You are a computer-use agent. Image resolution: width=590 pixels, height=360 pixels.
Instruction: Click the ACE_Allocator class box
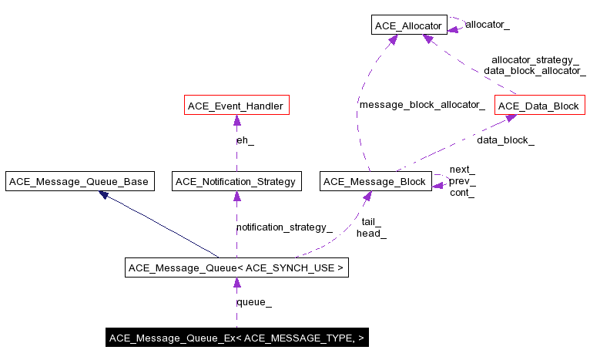coord(409,26)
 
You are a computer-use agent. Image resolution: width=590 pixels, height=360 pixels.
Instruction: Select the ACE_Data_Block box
coord(538,106)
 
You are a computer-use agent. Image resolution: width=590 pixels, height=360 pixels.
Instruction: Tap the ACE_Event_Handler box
coord(236,106)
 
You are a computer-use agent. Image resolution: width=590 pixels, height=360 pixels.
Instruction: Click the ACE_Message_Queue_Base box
coord(79,182)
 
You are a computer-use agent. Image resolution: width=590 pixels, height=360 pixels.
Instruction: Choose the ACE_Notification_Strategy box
coord(236,182)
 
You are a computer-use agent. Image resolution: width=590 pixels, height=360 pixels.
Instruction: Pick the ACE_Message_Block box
coord(375,182)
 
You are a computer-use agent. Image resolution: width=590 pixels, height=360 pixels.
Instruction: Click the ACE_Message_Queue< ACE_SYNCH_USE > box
coord(236,268)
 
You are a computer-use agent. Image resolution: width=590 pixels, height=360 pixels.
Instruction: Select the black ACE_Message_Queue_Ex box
coord(236,338)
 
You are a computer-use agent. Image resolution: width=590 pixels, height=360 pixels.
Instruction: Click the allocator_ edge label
coord(488,25)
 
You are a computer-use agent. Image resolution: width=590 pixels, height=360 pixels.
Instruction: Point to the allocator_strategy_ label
coord(535,59)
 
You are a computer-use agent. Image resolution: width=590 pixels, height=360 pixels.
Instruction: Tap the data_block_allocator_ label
coord(535,71)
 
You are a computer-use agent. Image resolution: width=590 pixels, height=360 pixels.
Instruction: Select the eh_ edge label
coord(245,141)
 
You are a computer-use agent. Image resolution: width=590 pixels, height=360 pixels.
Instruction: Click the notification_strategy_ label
coord(284,227)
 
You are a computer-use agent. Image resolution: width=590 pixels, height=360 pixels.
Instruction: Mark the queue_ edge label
coord(253,303)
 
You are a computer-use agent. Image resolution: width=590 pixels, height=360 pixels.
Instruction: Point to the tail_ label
coord(371,222)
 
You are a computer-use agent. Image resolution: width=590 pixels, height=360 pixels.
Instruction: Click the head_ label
coord(371,234)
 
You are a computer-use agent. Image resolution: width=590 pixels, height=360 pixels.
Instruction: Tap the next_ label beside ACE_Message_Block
coord(462,170)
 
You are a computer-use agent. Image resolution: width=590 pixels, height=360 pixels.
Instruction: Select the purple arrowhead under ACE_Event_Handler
coord(236,120)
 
